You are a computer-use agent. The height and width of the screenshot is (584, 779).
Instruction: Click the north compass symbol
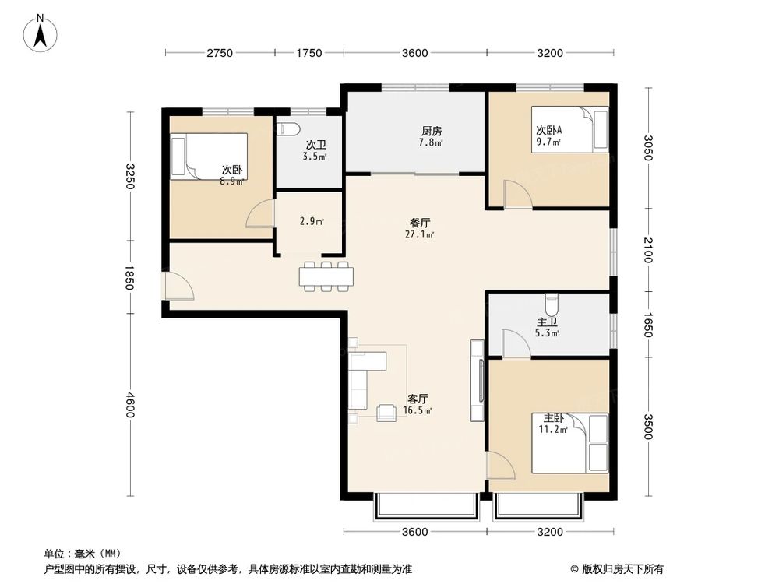(x=43, y=32)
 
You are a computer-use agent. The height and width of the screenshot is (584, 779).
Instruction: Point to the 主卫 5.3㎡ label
(x=546, y=328)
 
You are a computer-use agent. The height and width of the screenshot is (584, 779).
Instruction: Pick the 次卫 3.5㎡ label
(x=315, y=150)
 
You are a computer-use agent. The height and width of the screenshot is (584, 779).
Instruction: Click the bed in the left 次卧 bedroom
(x=209, y=156)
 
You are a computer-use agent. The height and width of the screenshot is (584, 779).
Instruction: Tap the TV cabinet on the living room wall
(x=476, y=381)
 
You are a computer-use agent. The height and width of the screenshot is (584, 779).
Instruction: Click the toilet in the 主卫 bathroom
(x=552, y=299)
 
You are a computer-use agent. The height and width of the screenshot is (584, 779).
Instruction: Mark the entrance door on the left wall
(x=179, y=286)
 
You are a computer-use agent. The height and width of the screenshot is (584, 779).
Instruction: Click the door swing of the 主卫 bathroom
(x=515, y=343)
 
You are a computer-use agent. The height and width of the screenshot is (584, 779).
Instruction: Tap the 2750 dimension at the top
(x=220, y=53)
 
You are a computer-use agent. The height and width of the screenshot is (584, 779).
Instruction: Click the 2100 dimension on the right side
(x=647, y=252)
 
